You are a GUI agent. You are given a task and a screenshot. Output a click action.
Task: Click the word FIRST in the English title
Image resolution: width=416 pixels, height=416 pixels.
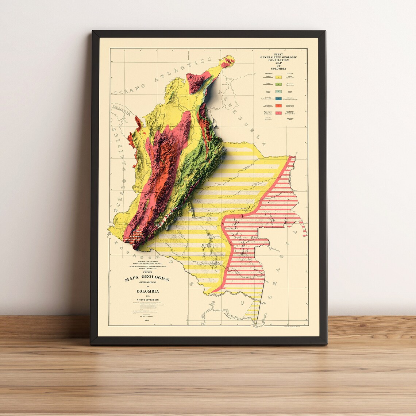(x=279, y=55)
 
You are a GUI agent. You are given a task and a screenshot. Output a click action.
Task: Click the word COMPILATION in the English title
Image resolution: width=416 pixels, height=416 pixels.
(x=279, y=61)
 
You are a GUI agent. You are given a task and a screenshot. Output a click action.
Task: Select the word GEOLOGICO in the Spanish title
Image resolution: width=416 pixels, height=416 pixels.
(x=156, y=279)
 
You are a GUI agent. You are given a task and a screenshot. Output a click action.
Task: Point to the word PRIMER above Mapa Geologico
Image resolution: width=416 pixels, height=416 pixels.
(x=148, y=272)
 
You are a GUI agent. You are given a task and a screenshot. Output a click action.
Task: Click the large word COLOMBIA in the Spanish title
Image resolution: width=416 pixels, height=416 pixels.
(x=147, y=291)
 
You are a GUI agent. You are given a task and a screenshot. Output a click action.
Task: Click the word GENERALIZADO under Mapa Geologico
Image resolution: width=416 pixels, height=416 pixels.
(x=147, y=283)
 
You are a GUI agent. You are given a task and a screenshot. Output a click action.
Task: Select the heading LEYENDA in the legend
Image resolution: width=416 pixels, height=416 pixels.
(x=269, y=73)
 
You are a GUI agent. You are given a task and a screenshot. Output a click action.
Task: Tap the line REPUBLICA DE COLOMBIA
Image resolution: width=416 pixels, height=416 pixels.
(x=148, y=262)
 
